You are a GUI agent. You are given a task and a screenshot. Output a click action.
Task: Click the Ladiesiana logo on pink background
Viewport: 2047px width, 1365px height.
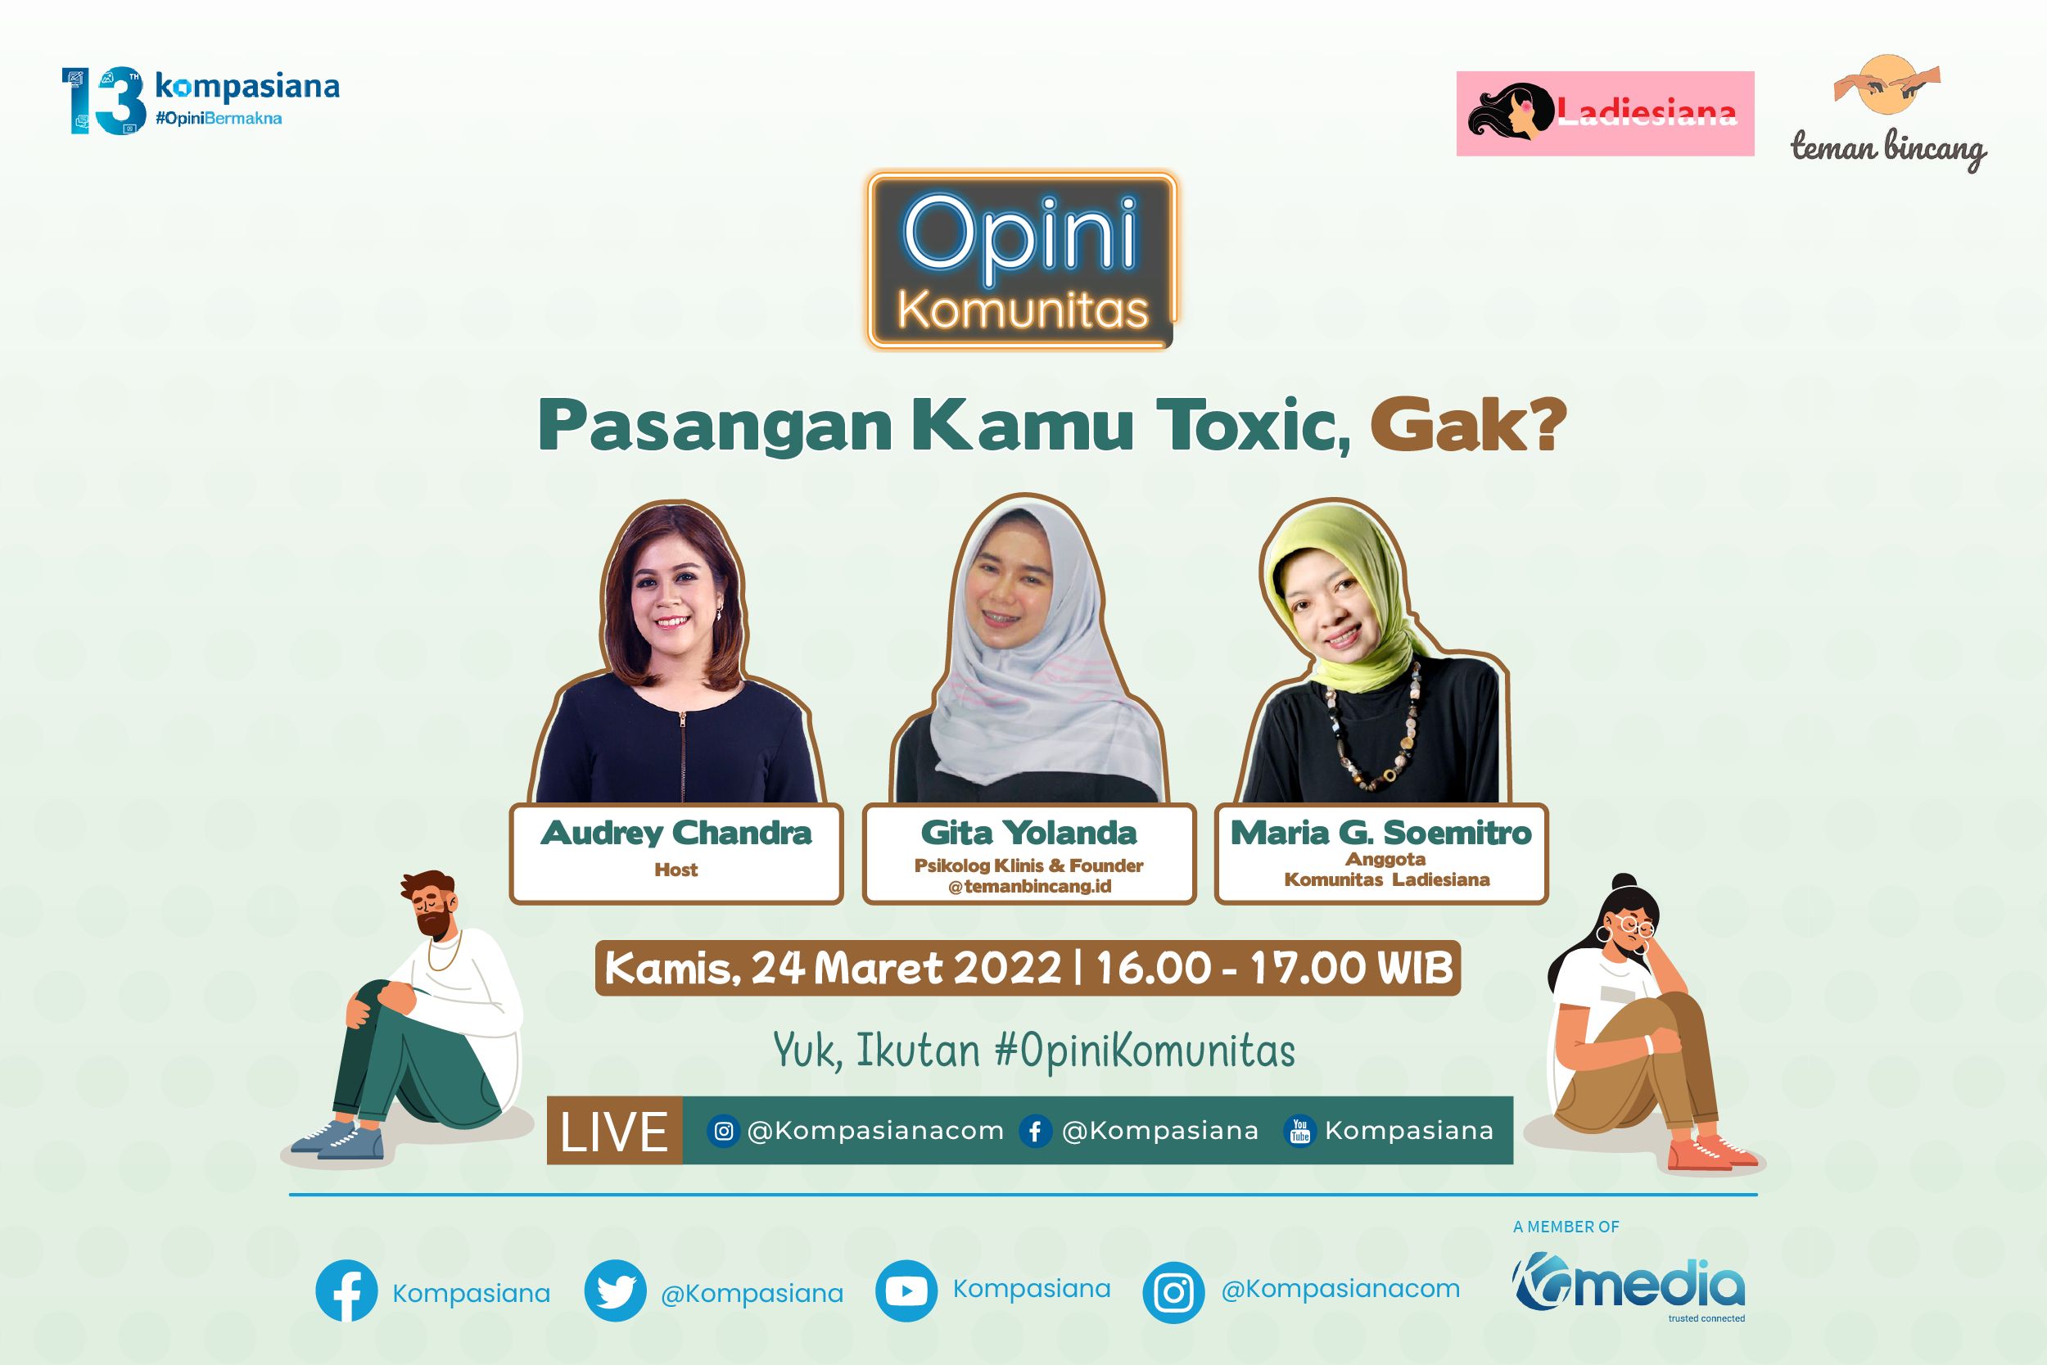1605,113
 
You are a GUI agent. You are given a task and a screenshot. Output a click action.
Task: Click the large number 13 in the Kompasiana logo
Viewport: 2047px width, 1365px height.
102,100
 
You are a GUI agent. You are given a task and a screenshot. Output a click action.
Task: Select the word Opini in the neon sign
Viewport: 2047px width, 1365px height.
1020,233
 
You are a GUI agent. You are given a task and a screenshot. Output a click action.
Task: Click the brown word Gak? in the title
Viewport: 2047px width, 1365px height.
1467,426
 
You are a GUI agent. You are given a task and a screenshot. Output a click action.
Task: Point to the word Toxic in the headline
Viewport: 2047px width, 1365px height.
1254,426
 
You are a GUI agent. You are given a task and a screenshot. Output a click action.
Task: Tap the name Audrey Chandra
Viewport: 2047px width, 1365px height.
676,833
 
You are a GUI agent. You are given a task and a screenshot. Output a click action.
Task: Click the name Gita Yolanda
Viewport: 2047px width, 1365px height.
1028,833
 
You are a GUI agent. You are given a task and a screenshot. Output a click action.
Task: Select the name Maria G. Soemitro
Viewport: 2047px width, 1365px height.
1380,833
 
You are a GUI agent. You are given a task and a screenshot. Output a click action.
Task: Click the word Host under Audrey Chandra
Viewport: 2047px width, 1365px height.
676,870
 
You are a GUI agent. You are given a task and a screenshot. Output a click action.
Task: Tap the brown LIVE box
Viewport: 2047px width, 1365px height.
614,1130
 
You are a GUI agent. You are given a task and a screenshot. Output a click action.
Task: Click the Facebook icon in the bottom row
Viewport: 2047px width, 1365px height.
346,1291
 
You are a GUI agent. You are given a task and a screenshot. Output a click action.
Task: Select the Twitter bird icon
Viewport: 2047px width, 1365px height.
615,1291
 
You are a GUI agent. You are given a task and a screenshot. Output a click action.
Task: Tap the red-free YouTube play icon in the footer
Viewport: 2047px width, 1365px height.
906,1291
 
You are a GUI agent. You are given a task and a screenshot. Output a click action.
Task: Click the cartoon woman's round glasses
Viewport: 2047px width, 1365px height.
1636,927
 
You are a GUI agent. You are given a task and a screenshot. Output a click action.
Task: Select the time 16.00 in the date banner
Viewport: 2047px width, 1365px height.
1154,967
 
